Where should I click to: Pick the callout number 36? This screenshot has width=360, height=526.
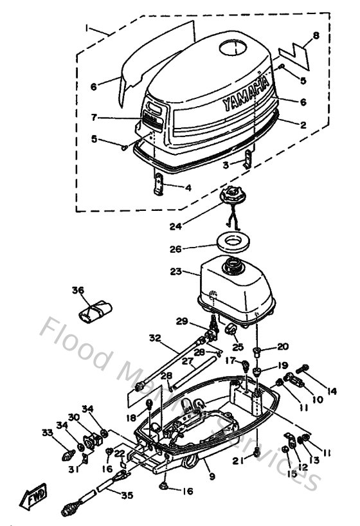78,291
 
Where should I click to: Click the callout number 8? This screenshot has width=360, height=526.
315,37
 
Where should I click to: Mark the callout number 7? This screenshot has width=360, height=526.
94,118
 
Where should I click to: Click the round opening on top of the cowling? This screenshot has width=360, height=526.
234,48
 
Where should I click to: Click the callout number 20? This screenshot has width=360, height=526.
283,347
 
